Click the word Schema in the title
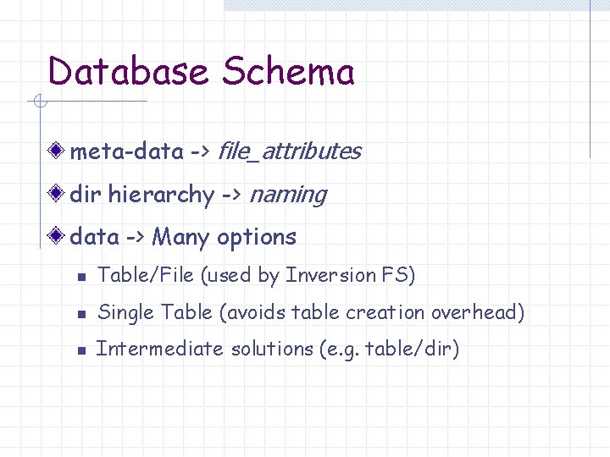click(x=288, y=72)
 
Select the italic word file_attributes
click(x=290, y=151)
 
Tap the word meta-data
click(x=126, y=151)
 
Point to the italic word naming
click(x=288, y=195)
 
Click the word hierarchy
click(x=161, y=195)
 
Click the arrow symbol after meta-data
click(x=200, y=152)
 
